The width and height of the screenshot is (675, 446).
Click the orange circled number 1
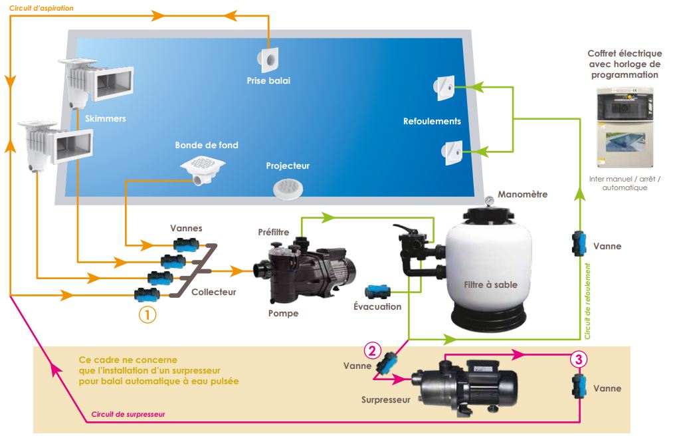(x=147, y=314)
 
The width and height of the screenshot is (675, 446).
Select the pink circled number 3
(x=579, y=360)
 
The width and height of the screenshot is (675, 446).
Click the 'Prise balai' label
(x=268, y=81)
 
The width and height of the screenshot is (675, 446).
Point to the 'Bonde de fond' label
(x=207, y=145)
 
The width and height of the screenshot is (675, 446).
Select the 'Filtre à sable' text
(x=490, y=284)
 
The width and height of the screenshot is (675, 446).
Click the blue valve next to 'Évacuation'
(x=378, y=292)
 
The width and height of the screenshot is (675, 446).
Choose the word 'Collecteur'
(x=213, y=292)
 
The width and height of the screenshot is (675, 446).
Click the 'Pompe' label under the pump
(x=283, y=313)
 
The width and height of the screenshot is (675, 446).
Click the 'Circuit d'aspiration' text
(x=41, y=9)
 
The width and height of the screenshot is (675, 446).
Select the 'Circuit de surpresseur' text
(x=128, y=413)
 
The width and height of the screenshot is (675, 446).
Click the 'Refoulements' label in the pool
(x=432, y=122)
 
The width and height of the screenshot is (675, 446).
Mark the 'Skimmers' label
(x=106, y=119)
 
